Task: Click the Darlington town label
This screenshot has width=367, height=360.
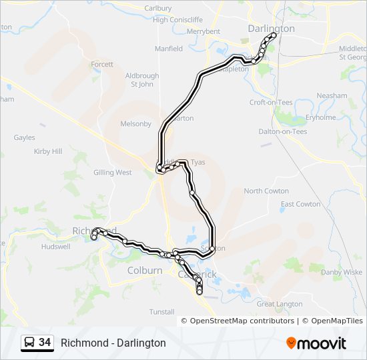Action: coord(270,29)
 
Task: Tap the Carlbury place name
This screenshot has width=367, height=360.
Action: coord(157,8)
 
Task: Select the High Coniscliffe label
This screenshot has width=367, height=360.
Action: coord(177,19)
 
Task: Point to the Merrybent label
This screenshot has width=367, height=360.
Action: coord(204,31)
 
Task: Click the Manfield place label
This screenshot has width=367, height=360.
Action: coord(169,49)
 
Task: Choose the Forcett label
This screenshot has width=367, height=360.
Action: coord(102,64)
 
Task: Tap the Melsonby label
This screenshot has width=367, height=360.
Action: coord(136,123)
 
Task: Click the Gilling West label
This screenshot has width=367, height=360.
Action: coord(113,172)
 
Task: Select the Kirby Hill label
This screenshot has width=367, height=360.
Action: coord(47,151)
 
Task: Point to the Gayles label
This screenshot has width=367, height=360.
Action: coord(24,137)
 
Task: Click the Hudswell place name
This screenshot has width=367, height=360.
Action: coord(55,246)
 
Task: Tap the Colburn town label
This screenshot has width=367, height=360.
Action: coord(145,271)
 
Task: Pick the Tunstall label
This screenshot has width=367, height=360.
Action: coord(161,311)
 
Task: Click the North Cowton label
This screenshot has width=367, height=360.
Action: coord(266,191)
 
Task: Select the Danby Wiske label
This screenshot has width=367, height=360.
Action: coord(342,272)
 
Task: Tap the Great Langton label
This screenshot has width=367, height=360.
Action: coord(280,304)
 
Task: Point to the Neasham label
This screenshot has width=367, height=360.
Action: coord(332,95)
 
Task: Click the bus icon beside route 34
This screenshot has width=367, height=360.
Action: coord(30,343)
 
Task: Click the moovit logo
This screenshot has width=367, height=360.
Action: coord(316,343)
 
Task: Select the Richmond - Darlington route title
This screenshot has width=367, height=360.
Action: coord(113,343)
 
